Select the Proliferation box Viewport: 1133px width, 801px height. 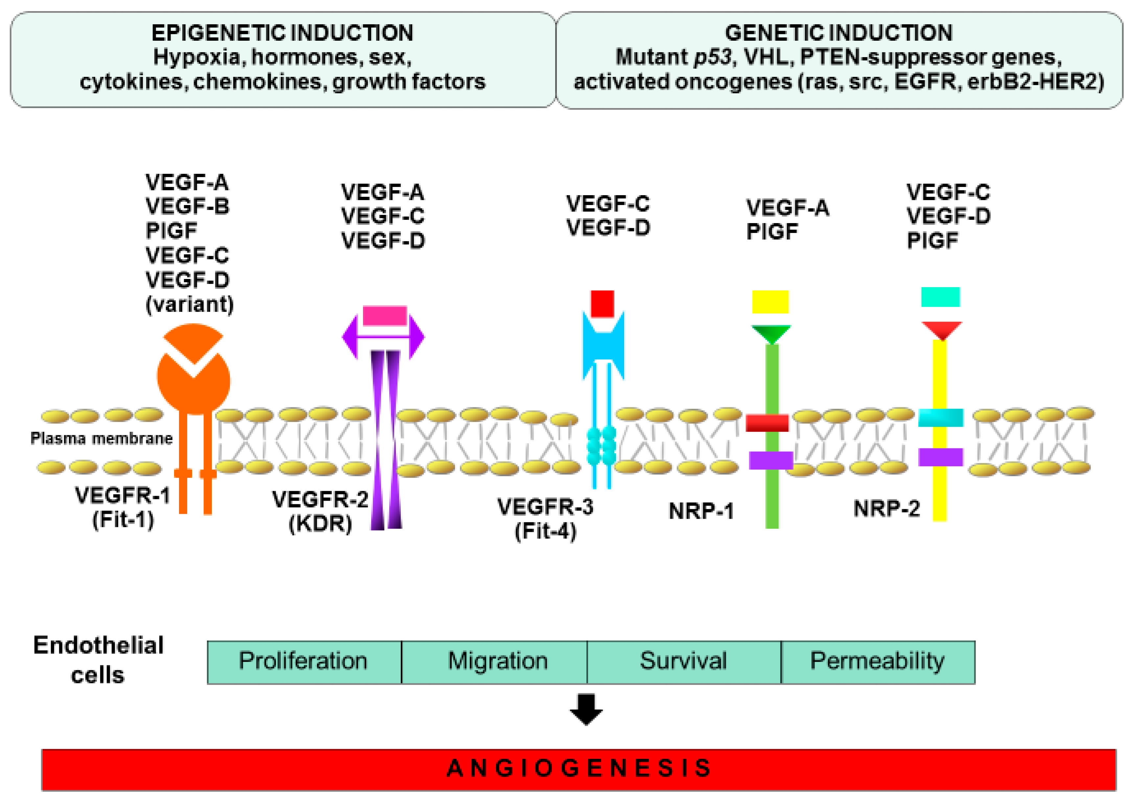(x=304, y=662)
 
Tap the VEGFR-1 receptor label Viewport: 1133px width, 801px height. (x=123, y=495)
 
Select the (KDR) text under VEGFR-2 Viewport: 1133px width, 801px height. (x=320, y=524)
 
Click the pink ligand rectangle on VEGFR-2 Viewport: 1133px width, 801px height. (x=384, y=316)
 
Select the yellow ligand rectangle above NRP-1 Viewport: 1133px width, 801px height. (x=770, y=302)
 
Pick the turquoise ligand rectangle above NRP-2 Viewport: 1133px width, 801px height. (x=940, y=297)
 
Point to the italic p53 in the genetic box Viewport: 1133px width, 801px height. (x=713, y=57)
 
